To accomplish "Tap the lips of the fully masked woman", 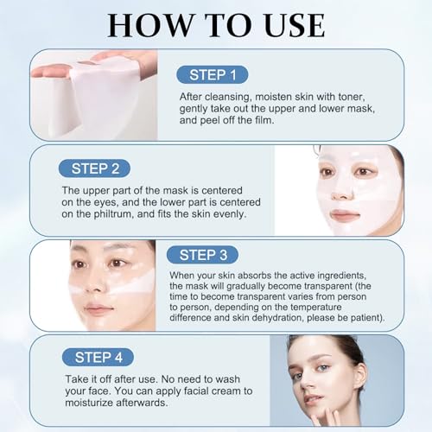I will [x=345, y=215].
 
